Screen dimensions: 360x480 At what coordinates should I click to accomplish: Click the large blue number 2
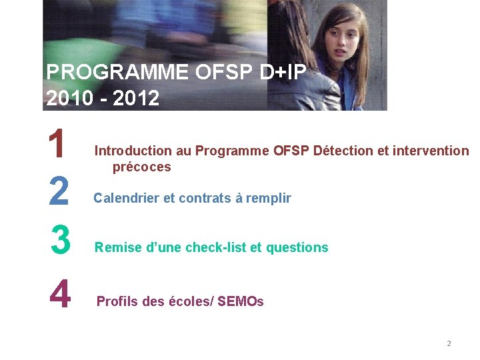59,192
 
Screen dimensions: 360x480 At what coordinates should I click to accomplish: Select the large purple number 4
60,294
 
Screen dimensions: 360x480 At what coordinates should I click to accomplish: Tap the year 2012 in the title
137,99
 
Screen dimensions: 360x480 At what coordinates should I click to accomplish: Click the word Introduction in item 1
129,151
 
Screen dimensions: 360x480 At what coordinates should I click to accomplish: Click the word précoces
141,167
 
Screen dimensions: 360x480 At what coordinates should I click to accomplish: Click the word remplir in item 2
269,198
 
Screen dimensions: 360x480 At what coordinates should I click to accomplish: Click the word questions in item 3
297,248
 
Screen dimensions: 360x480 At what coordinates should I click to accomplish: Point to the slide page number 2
449,343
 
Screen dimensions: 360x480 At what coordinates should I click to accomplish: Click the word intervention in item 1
431,151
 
